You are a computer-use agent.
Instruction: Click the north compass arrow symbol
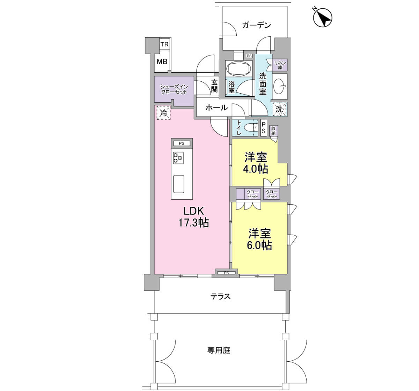323,17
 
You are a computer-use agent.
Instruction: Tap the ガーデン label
256,25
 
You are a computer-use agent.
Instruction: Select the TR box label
164,44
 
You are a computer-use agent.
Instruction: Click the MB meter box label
162,61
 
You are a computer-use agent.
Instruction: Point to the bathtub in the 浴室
239,68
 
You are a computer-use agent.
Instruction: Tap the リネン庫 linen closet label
280,65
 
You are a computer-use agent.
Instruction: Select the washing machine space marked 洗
280,109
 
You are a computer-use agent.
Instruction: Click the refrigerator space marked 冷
163,113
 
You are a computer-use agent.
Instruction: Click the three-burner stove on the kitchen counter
178,158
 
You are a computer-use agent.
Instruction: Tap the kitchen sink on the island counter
178,184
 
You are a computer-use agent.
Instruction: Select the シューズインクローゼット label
174,89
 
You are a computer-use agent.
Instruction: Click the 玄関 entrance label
214,86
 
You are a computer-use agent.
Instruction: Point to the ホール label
216,108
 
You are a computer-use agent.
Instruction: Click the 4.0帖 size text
256,169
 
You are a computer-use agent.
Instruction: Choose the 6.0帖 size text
259,245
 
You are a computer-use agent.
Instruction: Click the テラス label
220,297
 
